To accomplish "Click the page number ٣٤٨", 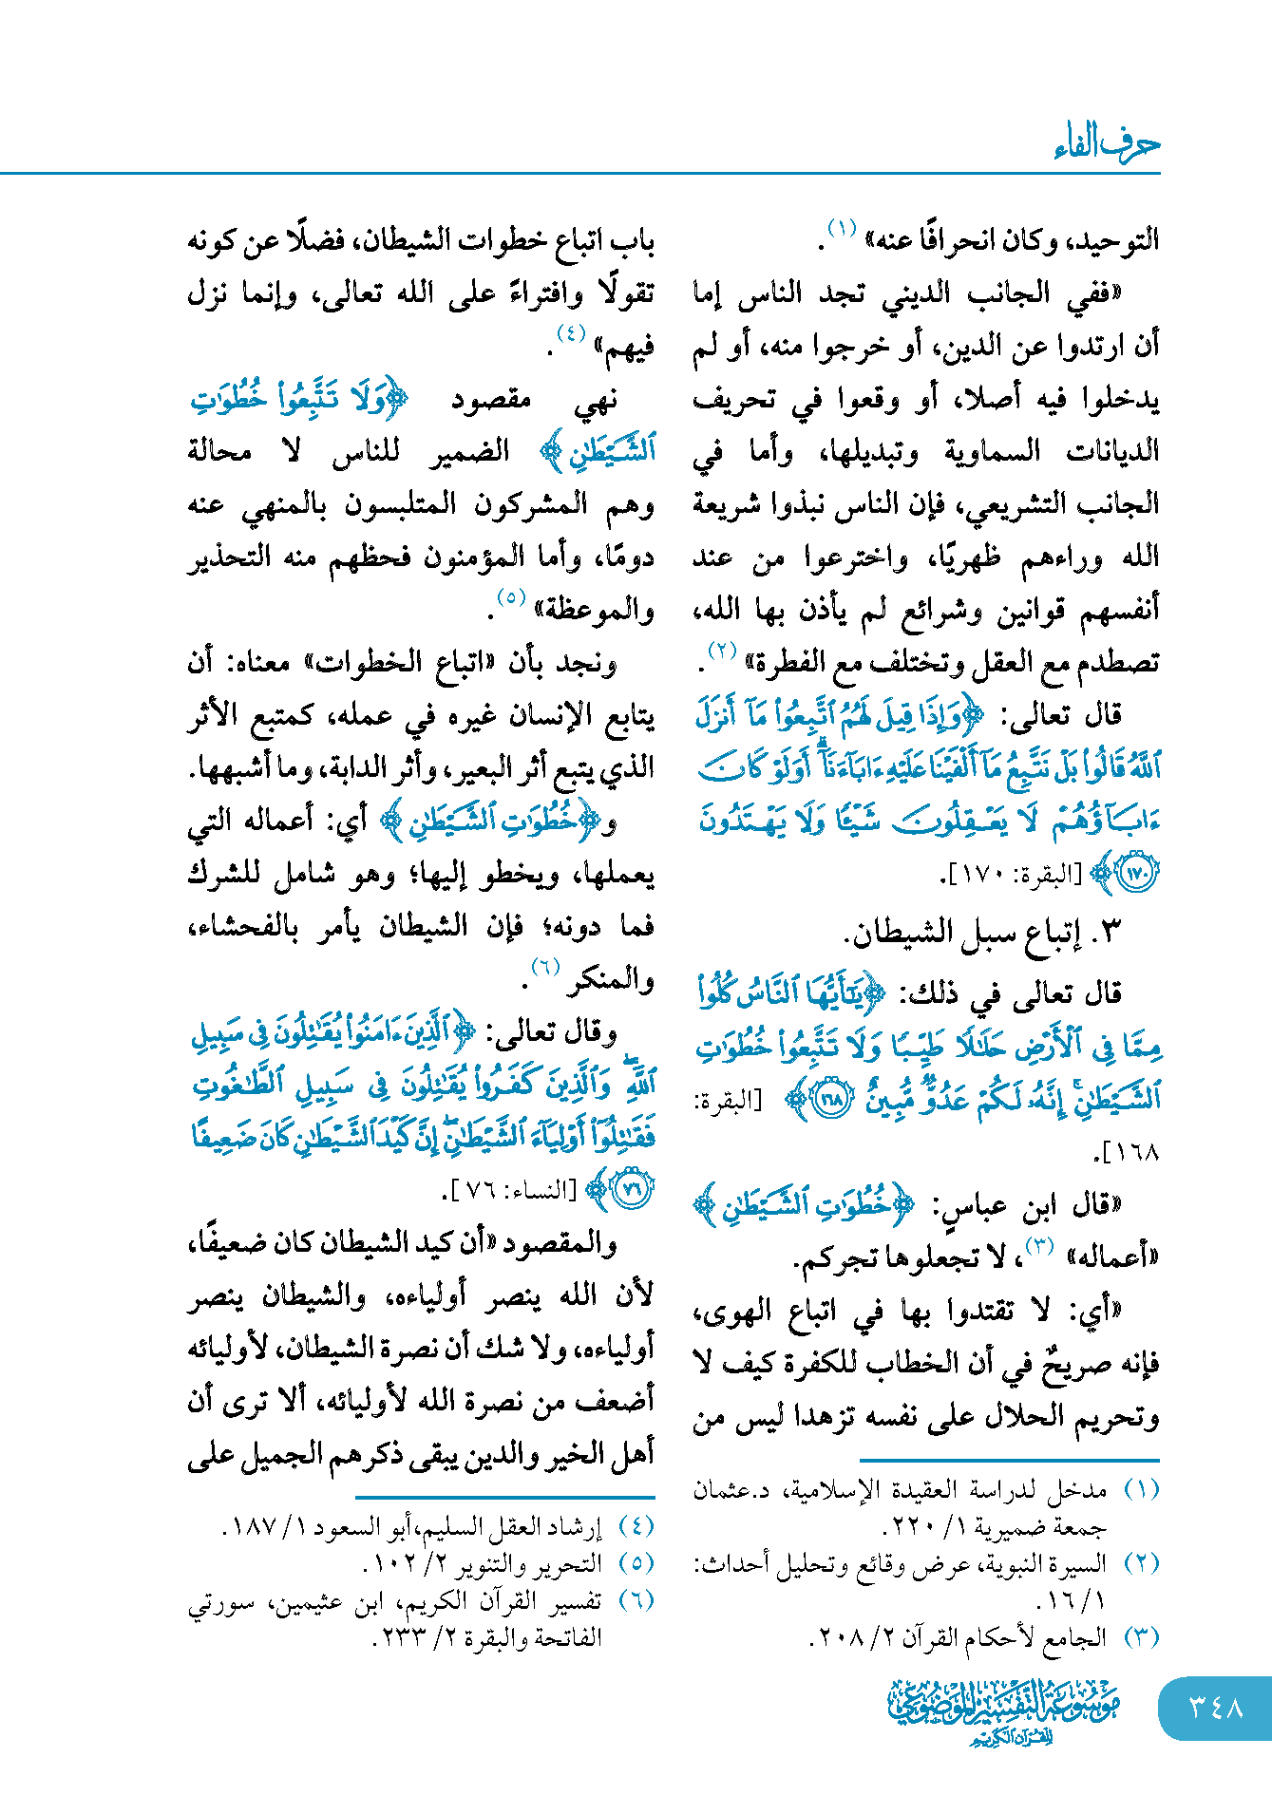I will (x=1216, y=1707).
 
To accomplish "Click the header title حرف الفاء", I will (x=1107, y=143).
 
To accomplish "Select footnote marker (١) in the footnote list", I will (x=1142, y=1490).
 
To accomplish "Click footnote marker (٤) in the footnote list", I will (x=636, y=1526).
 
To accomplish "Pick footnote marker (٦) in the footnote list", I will (x=636, y=1600).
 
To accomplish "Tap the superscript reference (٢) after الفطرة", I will (x=722, y=652).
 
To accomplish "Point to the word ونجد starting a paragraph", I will (x=586, y=662).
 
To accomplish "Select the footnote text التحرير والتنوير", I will (x=513, y=1563).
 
